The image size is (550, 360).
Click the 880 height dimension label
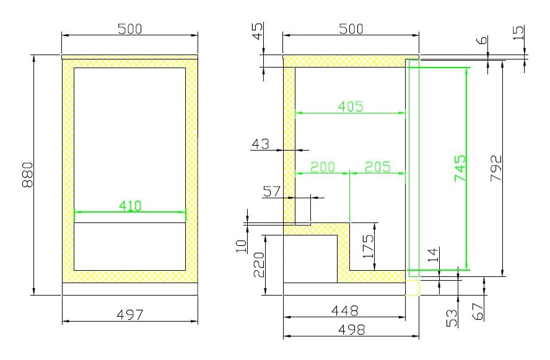click(28, 174)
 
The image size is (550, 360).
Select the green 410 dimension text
click(130, 206)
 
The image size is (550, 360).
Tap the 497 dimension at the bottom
click(130, 315)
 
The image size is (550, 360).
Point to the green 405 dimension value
click(351, 107)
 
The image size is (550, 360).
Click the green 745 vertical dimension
click(460, 168)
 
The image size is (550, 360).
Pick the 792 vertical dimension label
click(496, 168)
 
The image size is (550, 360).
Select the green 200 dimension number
click(323, 167)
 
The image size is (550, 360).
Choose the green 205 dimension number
click(378, 167)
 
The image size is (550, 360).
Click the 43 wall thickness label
click(261, 144)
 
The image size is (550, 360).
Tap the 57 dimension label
click(272, 191)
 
